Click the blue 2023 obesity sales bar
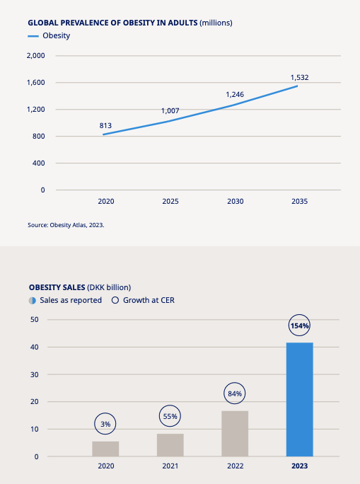tap(300, 399)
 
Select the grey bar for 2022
tap(235, 433)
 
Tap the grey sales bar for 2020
tap(105, 449)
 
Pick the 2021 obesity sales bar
tap(170, 445)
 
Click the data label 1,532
tap(300, 77)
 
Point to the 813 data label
tap(105, 126)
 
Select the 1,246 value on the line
tap(235, 94)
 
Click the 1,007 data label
tap(170, 110)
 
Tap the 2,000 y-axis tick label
tap(36, 56)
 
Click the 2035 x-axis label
tap(300, 201)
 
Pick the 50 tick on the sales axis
tap(35, 319)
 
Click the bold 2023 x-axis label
tap(300, 466)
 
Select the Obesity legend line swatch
tap(33, 36)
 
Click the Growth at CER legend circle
tap(115, 300)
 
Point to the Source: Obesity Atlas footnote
tap(66, 225)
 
